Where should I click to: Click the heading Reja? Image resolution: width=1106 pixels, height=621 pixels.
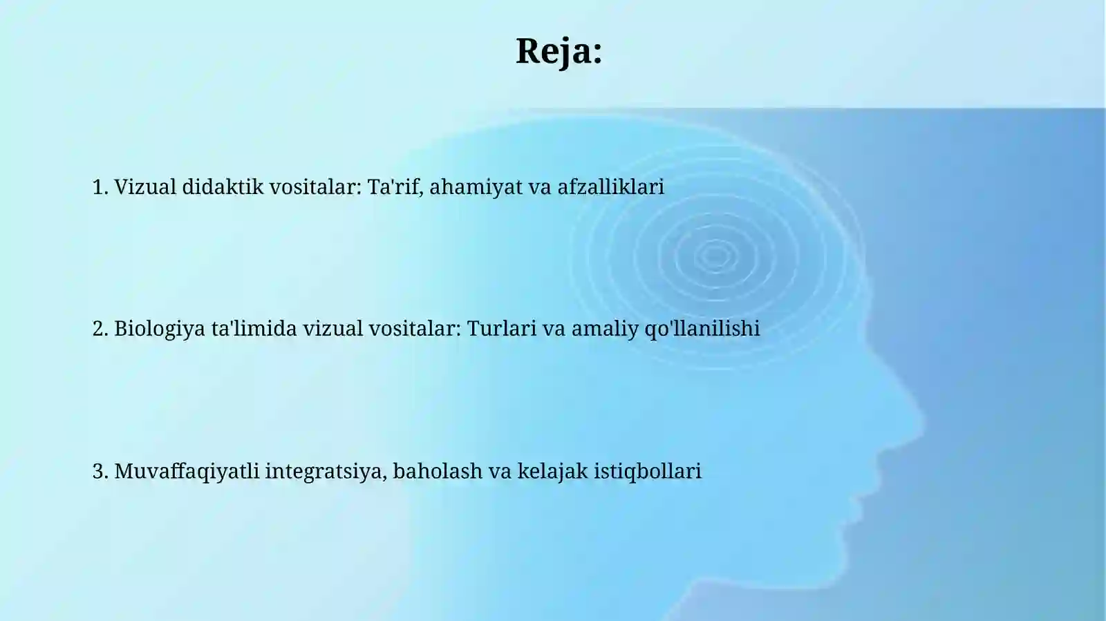coord(559,51)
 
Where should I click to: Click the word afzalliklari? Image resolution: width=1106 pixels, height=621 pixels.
coord(610,187)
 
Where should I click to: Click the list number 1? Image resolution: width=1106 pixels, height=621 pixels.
coord(100,187)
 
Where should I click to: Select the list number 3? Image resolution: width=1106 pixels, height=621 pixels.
coord(100,471)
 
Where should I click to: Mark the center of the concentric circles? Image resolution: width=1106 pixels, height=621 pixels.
coord(715,256)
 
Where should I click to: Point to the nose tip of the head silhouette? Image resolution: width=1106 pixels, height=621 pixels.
coord(923,419)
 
